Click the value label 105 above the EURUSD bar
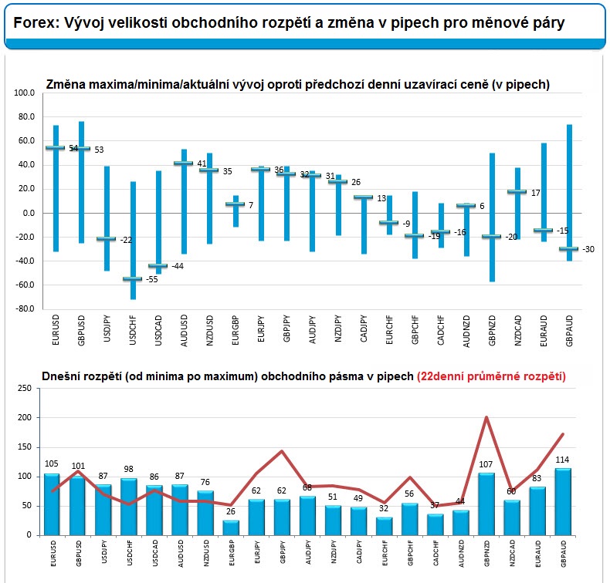click(x=52, y=463)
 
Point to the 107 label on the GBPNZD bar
click(x=485, y=464)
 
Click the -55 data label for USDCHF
click(x=151, y=279)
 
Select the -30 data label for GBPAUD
click(x=589, y=249)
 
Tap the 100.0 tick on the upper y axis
click(x=25, y=93)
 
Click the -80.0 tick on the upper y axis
click(x=25, y=309)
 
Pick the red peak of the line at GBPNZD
click(x=486, y=417)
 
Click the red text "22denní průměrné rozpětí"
click(x=491, y=377)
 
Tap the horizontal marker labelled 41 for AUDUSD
click(x=183, y=163)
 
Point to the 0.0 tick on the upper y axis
click(x=29, y=213)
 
